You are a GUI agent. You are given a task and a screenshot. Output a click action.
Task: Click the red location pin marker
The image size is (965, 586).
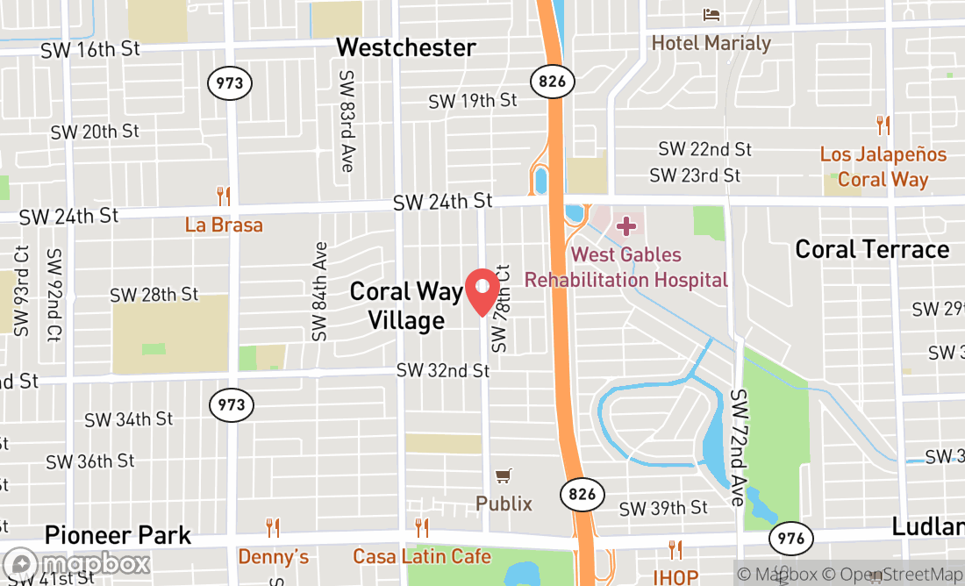tap(482, 291)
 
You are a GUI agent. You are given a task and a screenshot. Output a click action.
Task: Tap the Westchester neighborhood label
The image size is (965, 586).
tap(406, 46)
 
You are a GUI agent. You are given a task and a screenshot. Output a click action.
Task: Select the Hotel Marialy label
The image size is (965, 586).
tap(711, 43)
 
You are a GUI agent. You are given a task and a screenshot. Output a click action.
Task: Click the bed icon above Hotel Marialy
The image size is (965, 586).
tap(711, 15)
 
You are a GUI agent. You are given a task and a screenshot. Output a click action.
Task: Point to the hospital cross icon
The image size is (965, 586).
tap(625, 227)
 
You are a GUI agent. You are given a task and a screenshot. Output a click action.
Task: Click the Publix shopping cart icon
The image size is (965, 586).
tap(504, 476)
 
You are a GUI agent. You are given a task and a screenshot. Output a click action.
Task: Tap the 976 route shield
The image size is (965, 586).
tap(790, 538)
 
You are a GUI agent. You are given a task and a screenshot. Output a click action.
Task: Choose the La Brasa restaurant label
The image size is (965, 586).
tap(224, 225)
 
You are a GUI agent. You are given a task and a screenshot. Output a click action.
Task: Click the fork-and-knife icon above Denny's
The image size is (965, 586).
tap(273, 528)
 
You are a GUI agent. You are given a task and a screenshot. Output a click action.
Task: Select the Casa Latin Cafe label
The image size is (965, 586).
tap(422, 556)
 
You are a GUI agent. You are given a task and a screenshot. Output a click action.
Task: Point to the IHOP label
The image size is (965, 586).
tap(675, 576)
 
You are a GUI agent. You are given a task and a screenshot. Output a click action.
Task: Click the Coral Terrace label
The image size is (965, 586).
tap(872, 249)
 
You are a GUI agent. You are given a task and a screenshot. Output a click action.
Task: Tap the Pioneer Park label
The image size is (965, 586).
tap(118, 534)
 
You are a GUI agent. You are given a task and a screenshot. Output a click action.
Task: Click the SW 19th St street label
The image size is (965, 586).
tap(472, 101)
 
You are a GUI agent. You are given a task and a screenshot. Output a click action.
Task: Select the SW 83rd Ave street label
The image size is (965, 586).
tap(347, 121)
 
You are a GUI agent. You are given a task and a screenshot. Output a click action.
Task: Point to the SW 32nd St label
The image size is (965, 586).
tap(443, 370)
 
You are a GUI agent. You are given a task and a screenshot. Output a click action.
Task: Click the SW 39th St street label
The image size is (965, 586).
tap(663, 508)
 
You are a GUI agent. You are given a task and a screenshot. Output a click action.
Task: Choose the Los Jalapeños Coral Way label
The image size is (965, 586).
tap(883, 166)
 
